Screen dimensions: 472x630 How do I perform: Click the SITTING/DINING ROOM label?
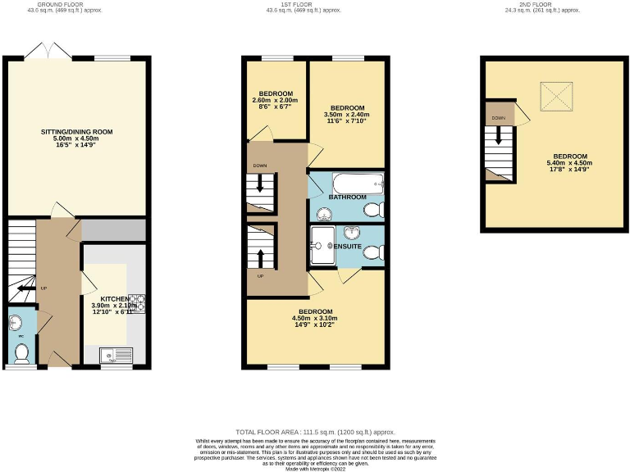[76, 131]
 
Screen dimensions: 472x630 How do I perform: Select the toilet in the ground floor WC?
[21, 352]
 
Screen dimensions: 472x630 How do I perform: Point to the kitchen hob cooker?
[138, 303]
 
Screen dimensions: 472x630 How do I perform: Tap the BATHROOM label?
[347, 198]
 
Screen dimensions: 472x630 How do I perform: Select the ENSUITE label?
[349, 246]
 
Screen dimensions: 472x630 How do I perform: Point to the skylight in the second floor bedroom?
[555, 98]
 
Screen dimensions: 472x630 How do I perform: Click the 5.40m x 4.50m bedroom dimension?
[569, 163]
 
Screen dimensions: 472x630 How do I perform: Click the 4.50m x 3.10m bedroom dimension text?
[315, 319]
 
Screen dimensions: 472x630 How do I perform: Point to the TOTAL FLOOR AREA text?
[315, 431]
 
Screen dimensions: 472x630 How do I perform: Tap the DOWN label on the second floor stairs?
[498, 118]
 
